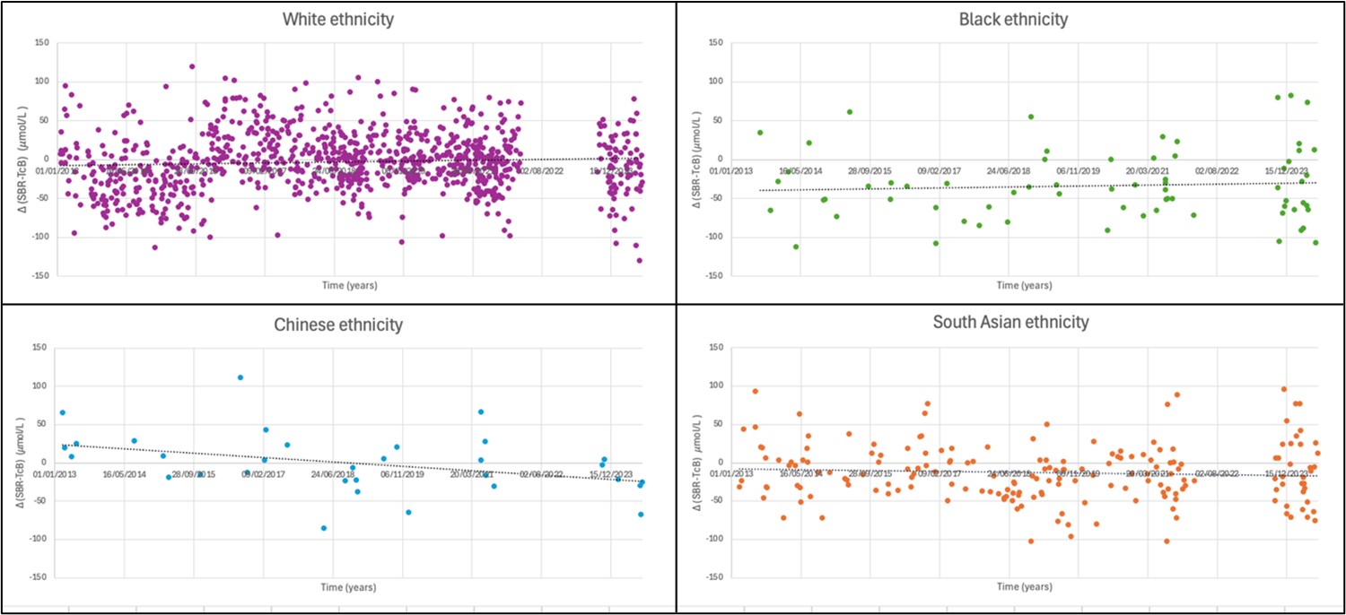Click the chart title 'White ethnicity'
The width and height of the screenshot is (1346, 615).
coord(337,19)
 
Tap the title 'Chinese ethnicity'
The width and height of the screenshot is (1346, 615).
coord(337,325)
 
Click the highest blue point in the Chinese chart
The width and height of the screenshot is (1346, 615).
coord(240,377)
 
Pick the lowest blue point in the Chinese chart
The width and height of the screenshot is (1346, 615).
coord(324,528)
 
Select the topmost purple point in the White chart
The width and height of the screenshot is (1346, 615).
coord(192,66)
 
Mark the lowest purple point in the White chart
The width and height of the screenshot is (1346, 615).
coord(640,261)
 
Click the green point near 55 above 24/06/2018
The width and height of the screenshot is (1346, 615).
coord(1031,117)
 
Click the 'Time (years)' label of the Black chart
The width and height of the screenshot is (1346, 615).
coord(1024,285)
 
